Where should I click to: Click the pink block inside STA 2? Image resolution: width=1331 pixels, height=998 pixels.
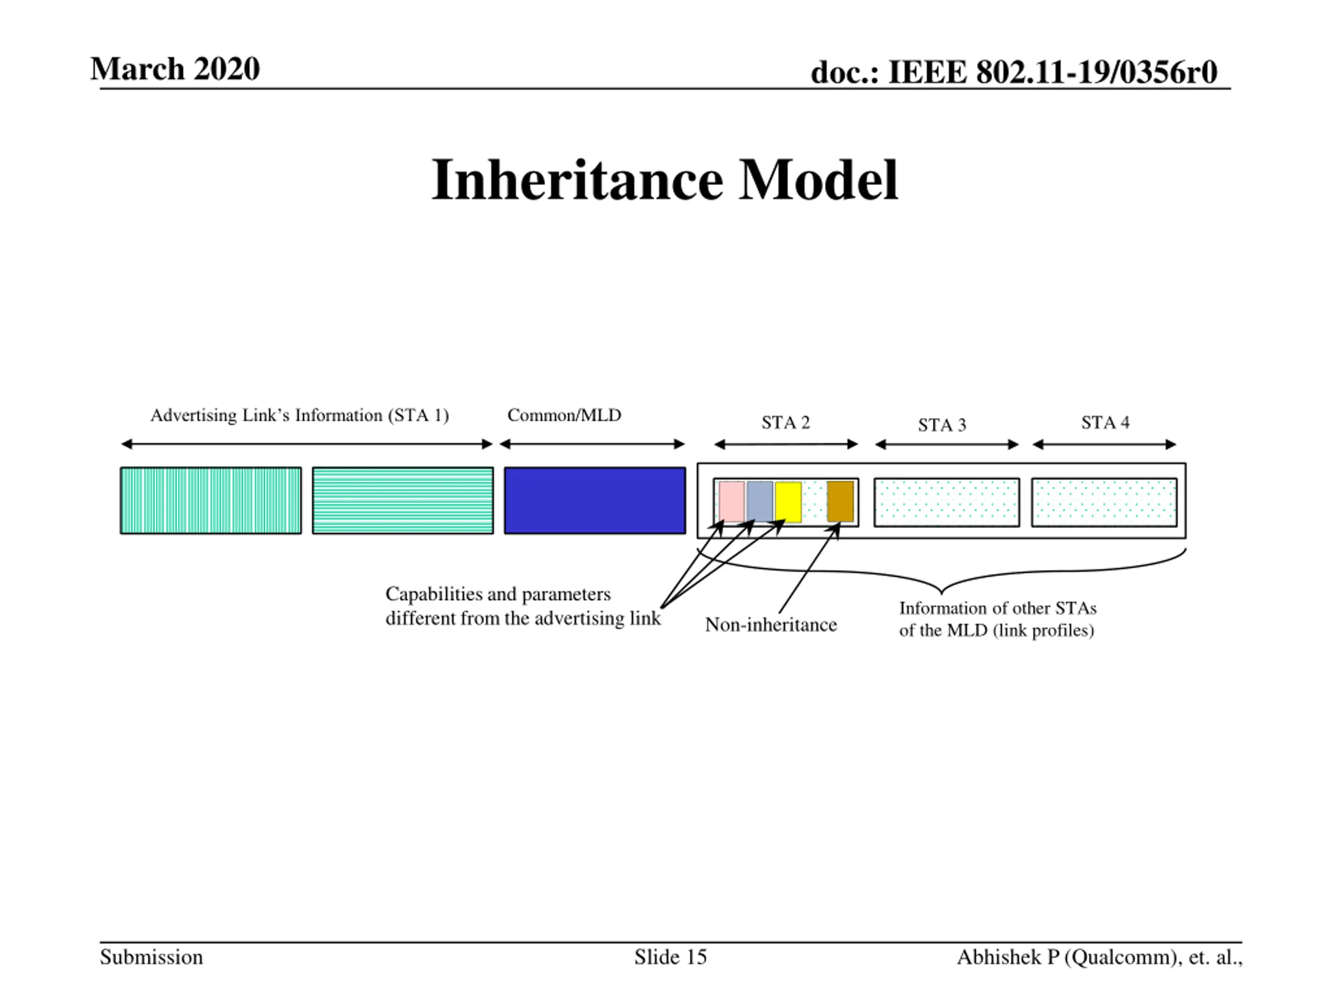click(x=731, y=501)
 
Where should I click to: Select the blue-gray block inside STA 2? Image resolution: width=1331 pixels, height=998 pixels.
click(x=760, y=501)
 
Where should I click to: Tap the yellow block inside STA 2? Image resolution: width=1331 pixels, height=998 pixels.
click(x=788, y=502)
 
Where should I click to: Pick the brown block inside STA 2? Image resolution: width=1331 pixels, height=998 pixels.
click(x=840, y=501)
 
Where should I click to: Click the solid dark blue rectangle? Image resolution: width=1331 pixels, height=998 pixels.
click(x=594, y=500)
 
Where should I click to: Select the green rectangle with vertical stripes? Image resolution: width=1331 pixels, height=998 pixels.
click(x=211, y=500)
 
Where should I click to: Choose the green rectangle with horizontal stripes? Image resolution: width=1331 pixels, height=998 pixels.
click(x=402, y=500)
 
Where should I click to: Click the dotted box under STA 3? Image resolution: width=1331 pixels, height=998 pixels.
click(x=946, y=502)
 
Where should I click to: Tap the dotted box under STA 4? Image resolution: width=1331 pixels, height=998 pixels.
click(x=1104, y=502)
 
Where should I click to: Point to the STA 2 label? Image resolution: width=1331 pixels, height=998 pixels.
click(x=785, y=423)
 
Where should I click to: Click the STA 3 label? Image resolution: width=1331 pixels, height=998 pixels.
click(x=942, y=425)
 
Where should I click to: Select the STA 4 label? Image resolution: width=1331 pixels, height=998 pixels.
click(x=1105, y=423)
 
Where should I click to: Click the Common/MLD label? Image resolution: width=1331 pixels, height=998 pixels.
click(x=564, y=415)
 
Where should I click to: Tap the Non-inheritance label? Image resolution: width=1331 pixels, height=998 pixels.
click(x=771, y=625)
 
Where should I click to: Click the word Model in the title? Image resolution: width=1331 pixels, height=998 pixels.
click(x=818, y=180)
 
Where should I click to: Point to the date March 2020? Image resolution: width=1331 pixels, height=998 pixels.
click(x=175, y=69)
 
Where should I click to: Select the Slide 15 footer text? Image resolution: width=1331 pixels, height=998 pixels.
click(x=670, y=957)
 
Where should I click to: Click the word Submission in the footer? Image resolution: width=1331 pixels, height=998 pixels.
click(x=151, y=957)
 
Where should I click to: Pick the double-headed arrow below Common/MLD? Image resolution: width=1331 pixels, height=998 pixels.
click(x=592, y=444)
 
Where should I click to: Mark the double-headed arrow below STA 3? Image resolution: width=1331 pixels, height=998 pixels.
click(x=946, y=445)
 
